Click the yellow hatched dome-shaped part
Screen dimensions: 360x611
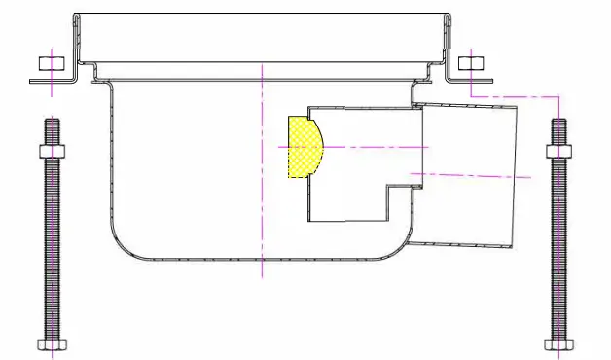(x=302, y=147)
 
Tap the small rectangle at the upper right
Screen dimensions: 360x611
(x=470, y=64)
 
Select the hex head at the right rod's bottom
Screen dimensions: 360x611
(x=558, y=344)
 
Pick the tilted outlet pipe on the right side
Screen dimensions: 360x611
(x=467, y=175)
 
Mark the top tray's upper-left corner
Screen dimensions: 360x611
(x=75, y=16)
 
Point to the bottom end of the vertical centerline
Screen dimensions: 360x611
(x=262, y=276)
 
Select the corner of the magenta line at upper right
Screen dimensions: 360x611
(x=558, y=96)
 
